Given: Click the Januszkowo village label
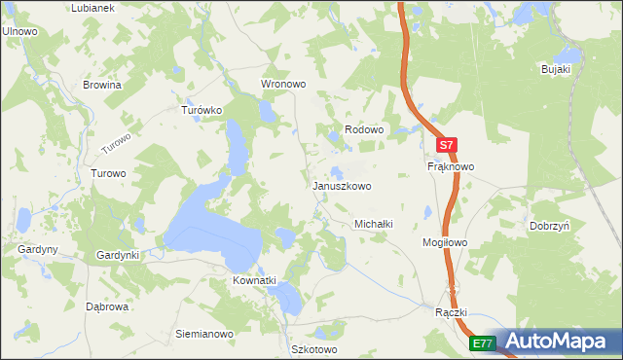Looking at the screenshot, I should point(341,185).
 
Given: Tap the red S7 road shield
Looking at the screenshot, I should point(446,145).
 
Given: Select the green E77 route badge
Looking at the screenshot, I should point(483,343).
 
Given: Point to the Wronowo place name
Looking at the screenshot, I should point(283,84).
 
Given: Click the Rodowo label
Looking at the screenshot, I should point(365,129).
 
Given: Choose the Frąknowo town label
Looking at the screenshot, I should point(451,166).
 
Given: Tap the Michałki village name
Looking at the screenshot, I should point(373,223).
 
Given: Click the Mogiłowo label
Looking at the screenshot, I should point(446,241).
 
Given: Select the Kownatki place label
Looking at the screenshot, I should point(254,280).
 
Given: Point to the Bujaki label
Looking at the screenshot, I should point(556,69).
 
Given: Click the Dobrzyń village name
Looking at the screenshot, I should point(550,225).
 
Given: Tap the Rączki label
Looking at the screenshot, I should point(453,312).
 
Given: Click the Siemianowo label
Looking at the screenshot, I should point(204,334).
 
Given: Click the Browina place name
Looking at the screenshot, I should point(102,85).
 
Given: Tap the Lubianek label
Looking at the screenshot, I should point(93,8).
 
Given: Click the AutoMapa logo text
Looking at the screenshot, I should point(558,342).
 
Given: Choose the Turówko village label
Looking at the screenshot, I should point(202,110).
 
